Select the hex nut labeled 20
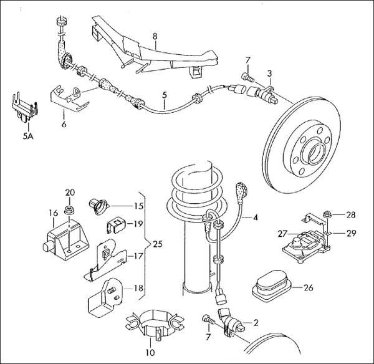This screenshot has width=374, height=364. (x=69, y=204)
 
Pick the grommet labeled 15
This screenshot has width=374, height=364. (x=100, y=204)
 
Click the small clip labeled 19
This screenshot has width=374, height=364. (x=115, y=223)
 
